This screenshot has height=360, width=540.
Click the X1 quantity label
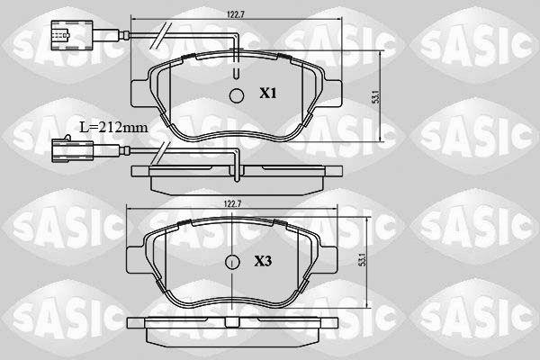pyautogui.click(x=268, y=93)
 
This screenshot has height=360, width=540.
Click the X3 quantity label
pyautogui.click(x=263, y=262)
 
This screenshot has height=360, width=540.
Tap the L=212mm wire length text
pyautogui.click(x=112, y=127)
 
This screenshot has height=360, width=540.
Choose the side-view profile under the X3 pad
pyautogui.click(x=231, y=326)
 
